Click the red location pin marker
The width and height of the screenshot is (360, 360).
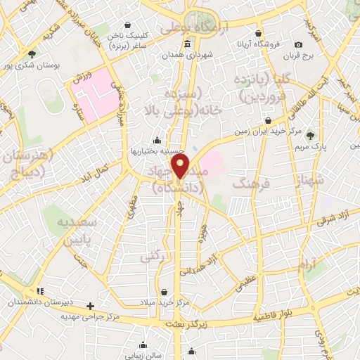tap(181, 167)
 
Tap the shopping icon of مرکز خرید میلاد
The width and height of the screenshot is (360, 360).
tap(164, 292)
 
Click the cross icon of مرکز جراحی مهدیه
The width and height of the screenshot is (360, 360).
tap(90, 306)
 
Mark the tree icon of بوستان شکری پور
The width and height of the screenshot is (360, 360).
tap(32, 53)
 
